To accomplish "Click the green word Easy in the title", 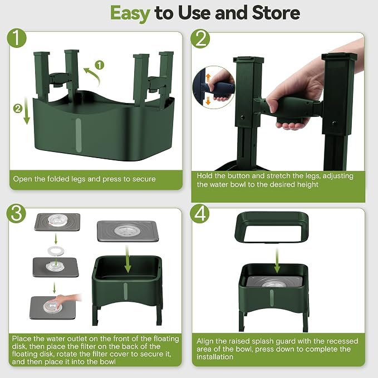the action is [130, 14].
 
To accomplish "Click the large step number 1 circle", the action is [17, 38].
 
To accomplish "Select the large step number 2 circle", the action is [200, 38].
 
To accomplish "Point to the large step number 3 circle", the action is [16, 214].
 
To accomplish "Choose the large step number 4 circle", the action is [200, 214].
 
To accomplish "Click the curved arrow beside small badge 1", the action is [92, 76].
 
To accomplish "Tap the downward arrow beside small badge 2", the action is [27, 110].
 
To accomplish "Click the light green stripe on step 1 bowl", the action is [78, 135].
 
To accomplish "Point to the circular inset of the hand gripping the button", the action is [214, 87].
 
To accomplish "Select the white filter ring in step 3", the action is [56, 251].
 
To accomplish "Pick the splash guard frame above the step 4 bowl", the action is [272, 227].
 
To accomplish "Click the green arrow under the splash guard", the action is [277, 261].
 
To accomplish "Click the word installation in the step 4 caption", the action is [215, 357].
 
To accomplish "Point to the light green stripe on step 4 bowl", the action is [272, 294].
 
